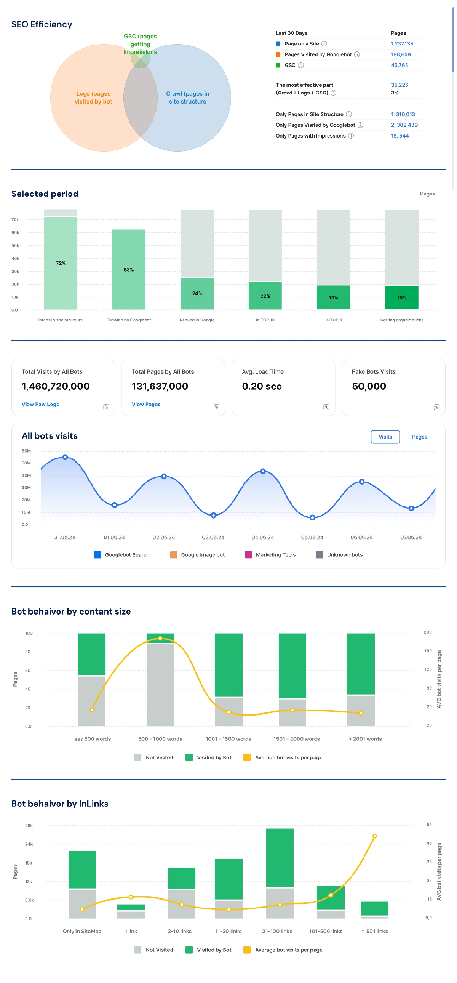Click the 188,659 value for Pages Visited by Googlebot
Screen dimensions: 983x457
click(401, 54)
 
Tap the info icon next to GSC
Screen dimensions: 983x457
click(300, 65)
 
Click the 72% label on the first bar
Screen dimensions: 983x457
click(61, 263)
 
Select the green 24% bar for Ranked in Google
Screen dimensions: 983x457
click(197, 293)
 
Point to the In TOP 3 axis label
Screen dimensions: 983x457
click(333, 320)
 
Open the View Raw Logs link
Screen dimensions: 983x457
click(40, 404)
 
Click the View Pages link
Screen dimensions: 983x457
click(146, 404)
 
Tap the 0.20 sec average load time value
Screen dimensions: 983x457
click(262, 386)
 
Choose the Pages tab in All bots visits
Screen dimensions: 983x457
click(419, 437)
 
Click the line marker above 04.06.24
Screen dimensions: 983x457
click(263, 471)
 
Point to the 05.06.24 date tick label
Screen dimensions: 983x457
click(312, 537)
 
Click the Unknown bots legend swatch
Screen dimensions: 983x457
click(320, 555)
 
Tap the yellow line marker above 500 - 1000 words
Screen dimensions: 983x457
click(160, 639)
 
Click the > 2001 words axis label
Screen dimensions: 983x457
click(365, 739)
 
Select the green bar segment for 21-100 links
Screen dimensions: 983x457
click(280, 857)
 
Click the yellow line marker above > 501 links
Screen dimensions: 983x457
click(375, 836)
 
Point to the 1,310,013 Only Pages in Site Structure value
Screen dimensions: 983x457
click(403, 114)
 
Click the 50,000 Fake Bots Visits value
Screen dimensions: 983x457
click(369, 386)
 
